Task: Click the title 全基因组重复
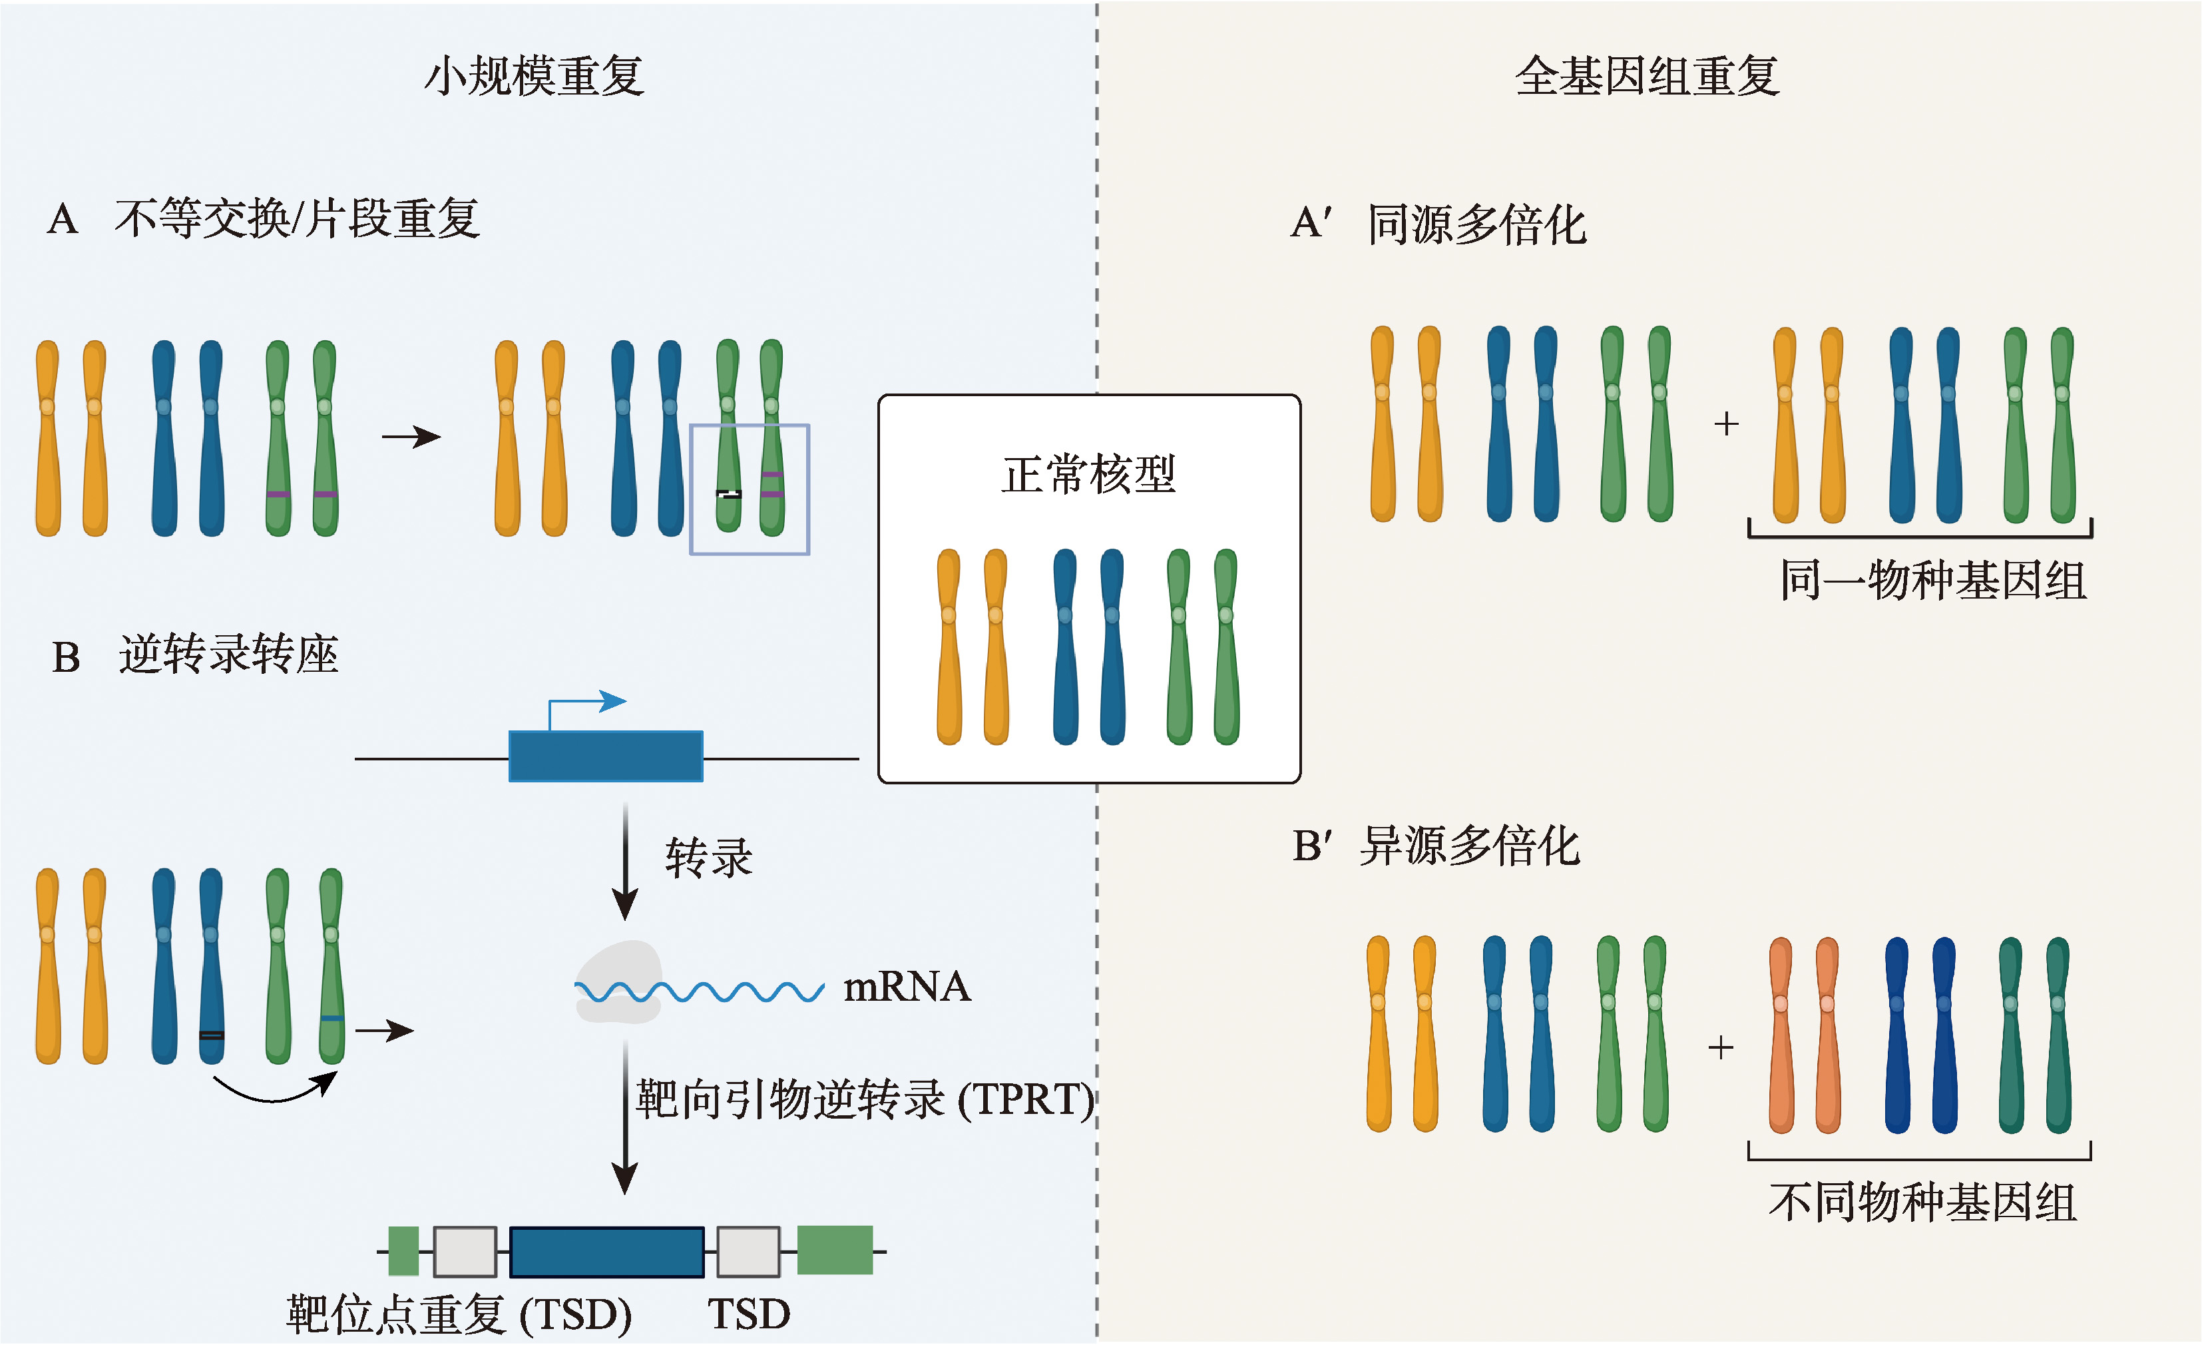click(1647, 76)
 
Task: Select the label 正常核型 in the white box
click(1088, 473)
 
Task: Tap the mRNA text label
click(907, 987)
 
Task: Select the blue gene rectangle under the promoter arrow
click(605, 756)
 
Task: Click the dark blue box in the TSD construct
click(607, 1251)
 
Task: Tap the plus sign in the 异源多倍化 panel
click(1720, 1047)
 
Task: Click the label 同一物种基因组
click(1933, 581)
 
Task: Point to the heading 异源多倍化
click(1469, 846)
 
